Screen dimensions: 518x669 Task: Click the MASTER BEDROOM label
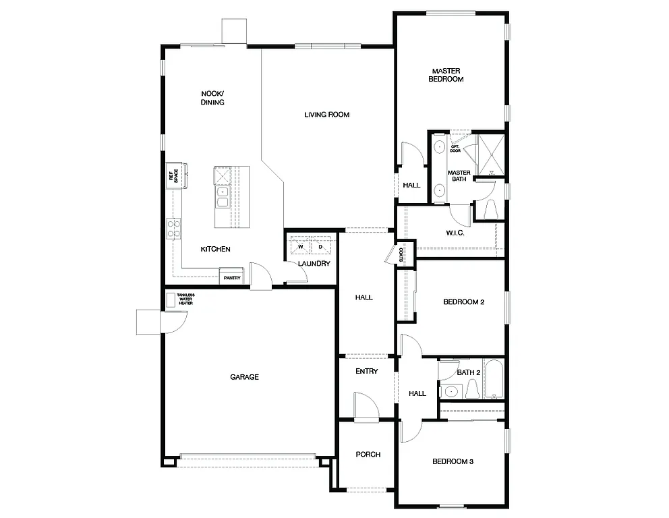tap(446, 75)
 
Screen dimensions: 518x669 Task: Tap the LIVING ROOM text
tap(326, 115)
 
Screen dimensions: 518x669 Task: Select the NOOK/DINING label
tap(212, 98)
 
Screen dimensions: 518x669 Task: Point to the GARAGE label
tap(244, 377)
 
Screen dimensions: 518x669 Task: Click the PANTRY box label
tap(231, 277)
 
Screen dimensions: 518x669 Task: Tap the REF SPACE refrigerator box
tap(175, 177)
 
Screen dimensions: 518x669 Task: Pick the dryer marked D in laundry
tap(320, 246)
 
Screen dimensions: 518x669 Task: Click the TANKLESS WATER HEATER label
tap(185, 299)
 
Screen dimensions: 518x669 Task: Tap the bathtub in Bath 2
tap(494, 379)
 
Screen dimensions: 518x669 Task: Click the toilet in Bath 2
tap(471, 389)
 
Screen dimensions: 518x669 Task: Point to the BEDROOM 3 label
tap(453, 462)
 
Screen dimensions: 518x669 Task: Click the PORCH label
tap(368, 455)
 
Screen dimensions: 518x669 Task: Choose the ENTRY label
tap(367, 372)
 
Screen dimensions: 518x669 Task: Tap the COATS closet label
tap(401, 255)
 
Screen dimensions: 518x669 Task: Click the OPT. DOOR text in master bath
tap(455, 148)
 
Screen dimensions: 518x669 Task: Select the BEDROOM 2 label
tap(463, 302)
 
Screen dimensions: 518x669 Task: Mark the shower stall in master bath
tap(491, 155)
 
